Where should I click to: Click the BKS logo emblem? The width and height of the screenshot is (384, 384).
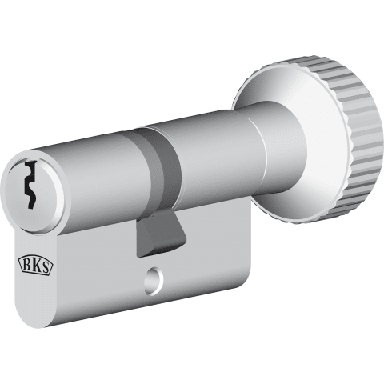coord(35,266)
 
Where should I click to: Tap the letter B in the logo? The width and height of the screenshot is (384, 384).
coord(27,265)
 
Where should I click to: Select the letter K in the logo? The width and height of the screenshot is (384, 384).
coord(35,266)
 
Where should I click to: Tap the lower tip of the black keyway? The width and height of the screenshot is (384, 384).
coord(30,208)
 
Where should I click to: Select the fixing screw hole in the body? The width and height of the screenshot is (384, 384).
coord(154,281)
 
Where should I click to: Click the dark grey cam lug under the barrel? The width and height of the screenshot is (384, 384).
coord(159,233)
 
